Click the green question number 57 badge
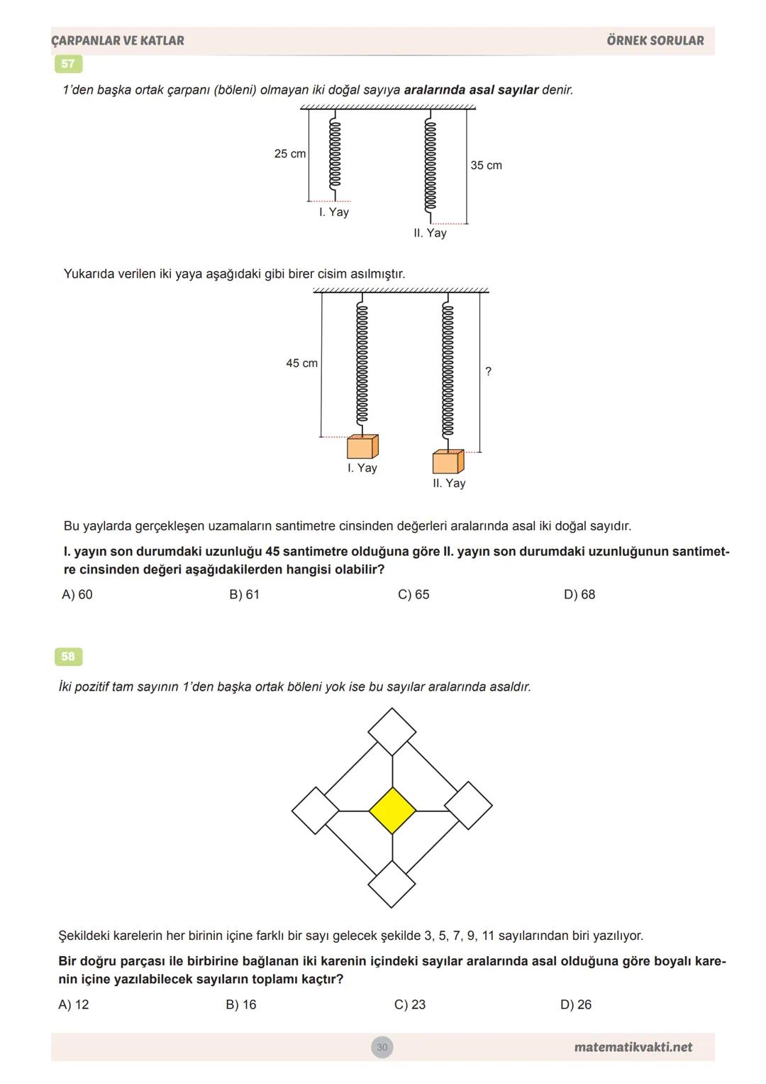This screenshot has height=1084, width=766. click(x=68, y=64)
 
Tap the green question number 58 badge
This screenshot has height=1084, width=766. click(x=68, y=657)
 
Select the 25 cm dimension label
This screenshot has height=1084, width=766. click(x=290, y=154)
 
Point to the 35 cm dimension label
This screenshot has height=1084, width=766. click(x=486, y=165)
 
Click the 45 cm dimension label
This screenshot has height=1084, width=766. click(x=301, y=363)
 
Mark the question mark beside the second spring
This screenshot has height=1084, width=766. click(x=488, y=371)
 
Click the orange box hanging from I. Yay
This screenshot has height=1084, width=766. click(x=362, y=447)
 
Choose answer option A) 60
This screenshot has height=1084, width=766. click(x=77, y=595)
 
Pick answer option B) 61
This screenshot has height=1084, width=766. click(x=245, y=595)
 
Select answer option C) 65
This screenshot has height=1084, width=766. click(x=413, y=595)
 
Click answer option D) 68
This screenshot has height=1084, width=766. click(x=579, y=595)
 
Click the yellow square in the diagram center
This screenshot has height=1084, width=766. click(x=392, y=810)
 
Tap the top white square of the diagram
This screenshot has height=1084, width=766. click(x=392, y=731)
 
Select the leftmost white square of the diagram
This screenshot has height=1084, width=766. click(x=316, y=810)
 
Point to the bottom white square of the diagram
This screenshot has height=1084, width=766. click(x=392, y=884)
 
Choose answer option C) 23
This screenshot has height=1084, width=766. click(x=410, y=1004)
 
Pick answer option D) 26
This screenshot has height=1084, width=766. click(x=576, y=1004)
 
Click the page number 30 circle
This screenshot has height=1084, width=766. click(x=382, y=1047)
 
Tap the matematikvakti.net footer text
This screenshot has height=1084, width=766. click(x=633, y=1047)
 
